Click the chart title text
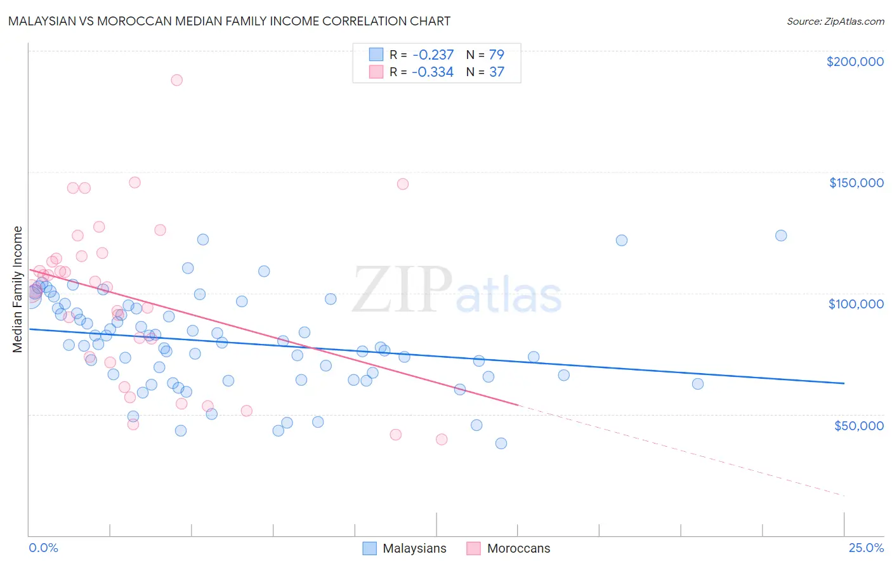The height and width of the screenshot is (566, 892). (229, 21)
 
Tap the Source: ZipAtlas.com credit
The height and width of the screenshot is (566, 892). (835, 21)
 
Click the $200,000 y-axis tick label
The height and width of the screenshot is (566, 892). (855, 62)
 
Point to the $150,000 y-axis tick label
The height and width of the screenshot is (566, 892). (856, 183)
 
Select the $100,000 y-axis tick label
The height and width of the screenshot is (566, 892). (856, 304)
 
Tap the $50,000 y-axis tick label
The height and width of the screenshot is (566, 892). (858, 425)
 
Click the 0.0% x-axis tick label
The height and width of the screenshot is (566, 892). (43, 548)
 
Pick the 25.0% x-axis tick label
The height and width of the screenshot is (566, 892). (866, 548)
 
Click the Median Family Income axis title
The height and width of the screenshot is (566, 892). (18, 289)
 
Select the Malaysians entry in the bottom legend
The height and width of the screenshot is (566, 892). (414, 548)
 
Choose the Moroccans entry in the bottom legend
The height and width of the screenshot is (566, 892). (518, 548)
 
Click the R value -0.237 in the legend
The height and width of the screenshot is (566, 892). (433, 55)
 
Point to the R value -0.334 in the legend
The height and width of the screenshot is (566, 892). (433, 72)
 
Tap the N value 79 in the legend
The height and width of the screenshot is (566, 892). (496, 55)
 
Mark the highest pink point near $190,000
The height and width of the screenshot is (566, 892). (177, 80)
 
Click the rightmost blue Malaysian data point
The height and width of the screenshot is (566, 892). (781, 235)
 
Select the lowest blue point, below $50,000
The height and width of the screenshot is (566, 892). (501, 444)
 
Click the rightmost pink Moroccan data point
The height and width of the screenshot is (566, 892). (442, 439)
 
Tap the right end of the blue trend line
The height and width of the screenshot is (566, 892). (844, 383)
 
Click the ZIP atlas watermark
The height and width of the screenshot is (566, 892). (457, 291)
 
